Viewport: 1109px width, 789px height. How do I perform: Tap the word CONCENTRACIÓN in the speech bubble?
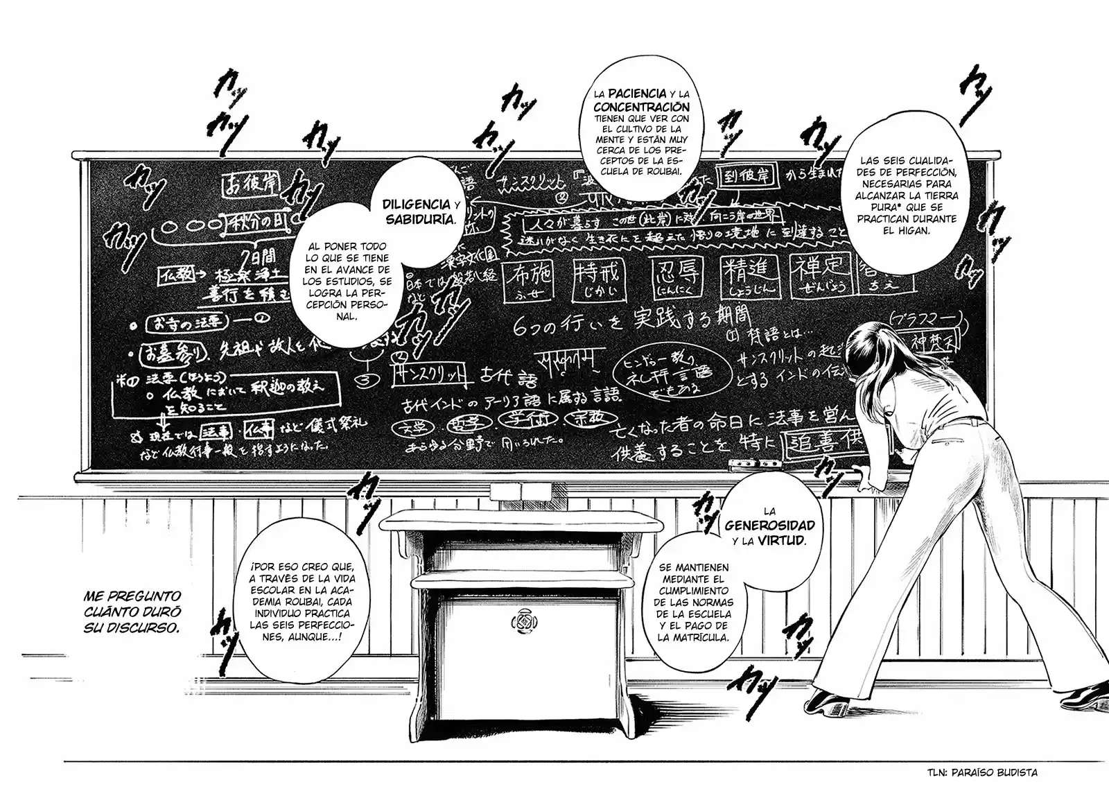(x=642, y=107)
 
